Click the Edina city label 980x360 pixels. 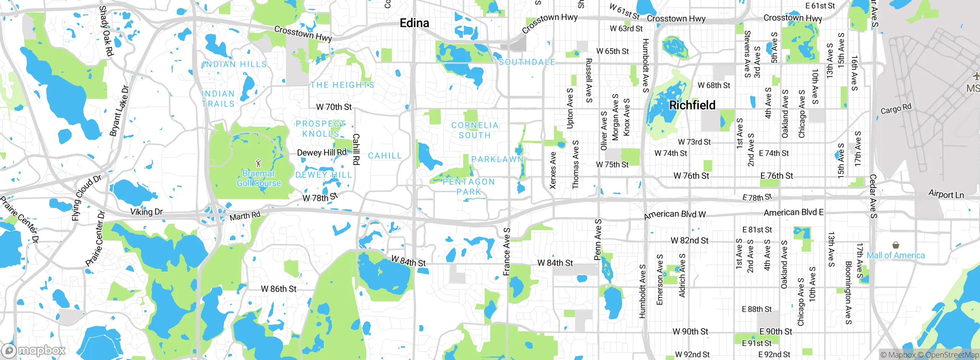414,23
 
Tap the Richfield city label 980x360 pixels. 692,105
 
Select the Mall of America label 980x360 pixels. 895,255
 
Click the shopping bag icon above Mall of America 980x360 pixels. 895,245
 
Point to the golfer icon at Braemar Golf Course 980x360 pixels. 258,163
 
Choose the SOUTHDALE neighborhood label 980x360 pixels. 527,62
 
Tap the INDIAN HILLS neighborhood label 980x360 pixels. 234,64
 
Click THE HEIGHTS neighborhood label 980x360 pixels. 342,85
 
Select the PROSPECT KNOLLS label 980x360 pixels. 320,129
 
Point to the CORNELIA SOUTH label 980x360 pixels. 475,130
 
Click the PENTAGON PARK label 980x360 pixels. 469,187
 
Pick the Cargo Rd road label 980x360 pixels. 896,109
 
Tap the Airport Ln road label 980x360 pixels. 946,194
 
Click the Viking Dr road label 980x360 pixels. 146,212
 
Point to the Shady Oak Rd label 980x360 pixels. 106,31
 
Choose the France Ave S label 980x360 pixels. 507,252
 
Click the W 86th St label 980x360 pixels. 278,289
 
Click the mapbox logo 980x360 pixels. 34,350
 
